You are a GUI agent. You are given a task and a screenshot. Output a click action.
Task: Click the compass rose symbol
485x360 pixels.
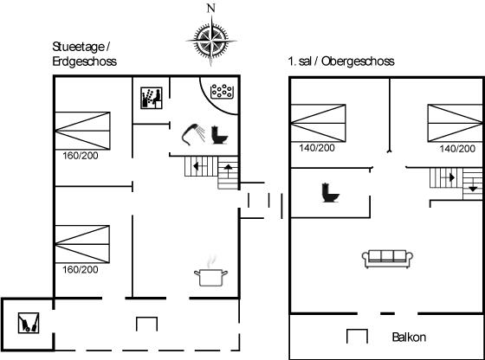211,41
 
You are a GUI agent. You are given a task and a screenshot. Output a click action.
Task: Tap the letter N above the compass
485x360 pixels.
211,9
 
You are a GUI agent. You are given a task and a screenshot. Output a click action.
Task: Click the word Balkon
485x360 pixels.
409,337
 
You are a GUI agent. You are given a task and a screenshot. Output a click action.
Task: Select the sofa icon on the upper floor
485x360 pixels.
387,259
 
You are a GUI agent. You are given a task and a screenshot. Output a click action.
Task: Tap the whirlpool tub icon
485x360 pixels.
222,92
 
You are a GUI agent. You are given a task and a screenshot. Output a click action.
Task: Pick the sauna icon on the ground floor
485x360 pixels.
152,98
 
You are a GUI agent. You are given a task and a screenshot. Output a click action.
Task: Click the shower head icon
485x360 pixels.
193,134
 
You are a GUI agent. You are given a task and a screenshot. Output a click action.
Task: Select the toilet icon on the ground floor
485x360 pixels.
219,135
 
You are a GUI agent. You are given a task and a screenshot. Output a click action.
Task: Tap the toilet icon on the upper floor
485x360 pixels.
331,193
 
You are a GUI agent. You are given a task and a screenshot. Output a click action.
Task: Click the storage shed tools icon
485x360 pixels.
29,323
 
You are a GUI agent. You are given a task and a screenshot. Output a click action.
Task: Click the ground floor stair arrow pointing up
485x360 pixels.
228,170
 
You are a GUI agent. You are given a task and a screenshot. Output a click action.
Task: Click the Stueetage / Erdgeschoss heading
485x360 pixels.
85,54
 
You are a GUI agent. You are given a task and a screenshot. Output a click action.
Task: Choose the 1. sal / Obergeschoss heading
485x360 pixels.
341,61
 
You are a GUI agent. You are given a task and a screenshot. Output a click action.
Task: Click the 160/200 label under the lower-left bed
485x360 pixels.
81,269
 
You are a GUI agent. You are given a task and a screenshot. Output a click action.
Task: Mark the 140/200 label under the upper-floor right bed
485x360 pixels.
457,149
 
